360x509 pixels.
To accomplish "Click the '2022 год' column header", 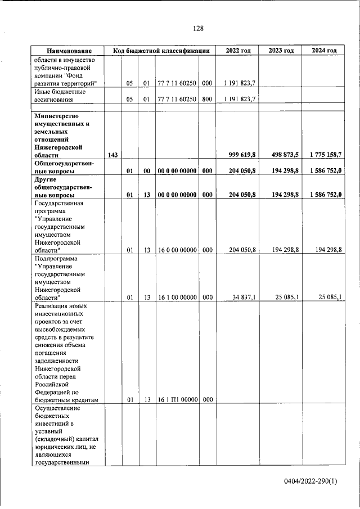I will pyautogui.click(x=238, y=51).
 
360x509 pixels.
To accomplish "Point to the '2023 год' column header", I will pyautogui.click(x=281, y=51).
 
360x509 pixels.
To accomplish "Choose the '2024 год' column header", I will pyautogui.click(x=324, y=51).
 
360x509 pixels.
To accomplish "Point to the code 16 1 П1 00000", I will pyautogui.click(x=177, y=400).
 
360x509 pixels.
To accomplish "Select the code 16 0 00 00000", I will pyautogui.click(x=177, y=249).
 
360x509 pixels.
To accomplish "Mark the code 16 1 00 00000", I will pyautogui.click(x=177, y=298).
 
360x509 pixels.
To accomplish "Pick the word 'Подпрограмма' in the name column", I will pyautogui.click(x=58, y=259).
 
